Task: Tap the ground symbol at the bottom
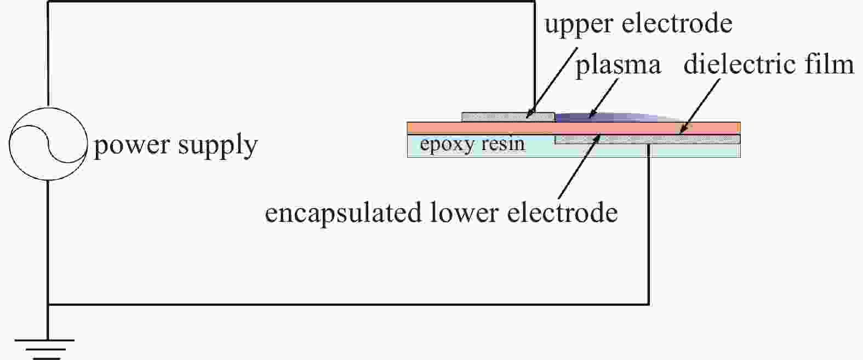tap(45, 349)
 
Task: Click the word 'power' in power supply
tap(132, 146)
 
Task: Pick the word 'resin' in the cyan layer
tap(503, 144)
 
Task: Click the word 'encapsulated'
tap(343, 214)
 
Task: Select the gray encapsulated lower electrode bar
tap(648, 139)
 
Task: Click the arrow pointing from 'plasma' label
tap(604, 98)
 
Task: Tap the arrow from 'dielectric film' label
tap(699, 106)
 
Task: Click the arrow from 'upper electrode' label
tap(552, 83)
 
